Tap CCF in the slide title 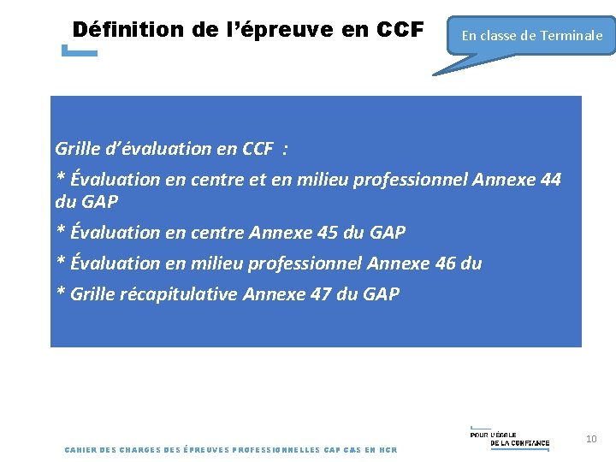[x=400, y=30]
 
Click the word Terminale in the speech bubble [x=571, y=36]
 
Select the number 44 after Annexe [x=552, y=180]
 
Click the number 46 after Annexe [x=446, y=264]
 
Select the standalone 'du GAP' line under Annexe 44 [x=86, y=203]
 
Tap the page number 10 [x=591, y=439]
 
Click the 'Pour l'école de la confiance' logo [x=510, y=437]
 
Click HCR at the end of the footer [x=388, y=450]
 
